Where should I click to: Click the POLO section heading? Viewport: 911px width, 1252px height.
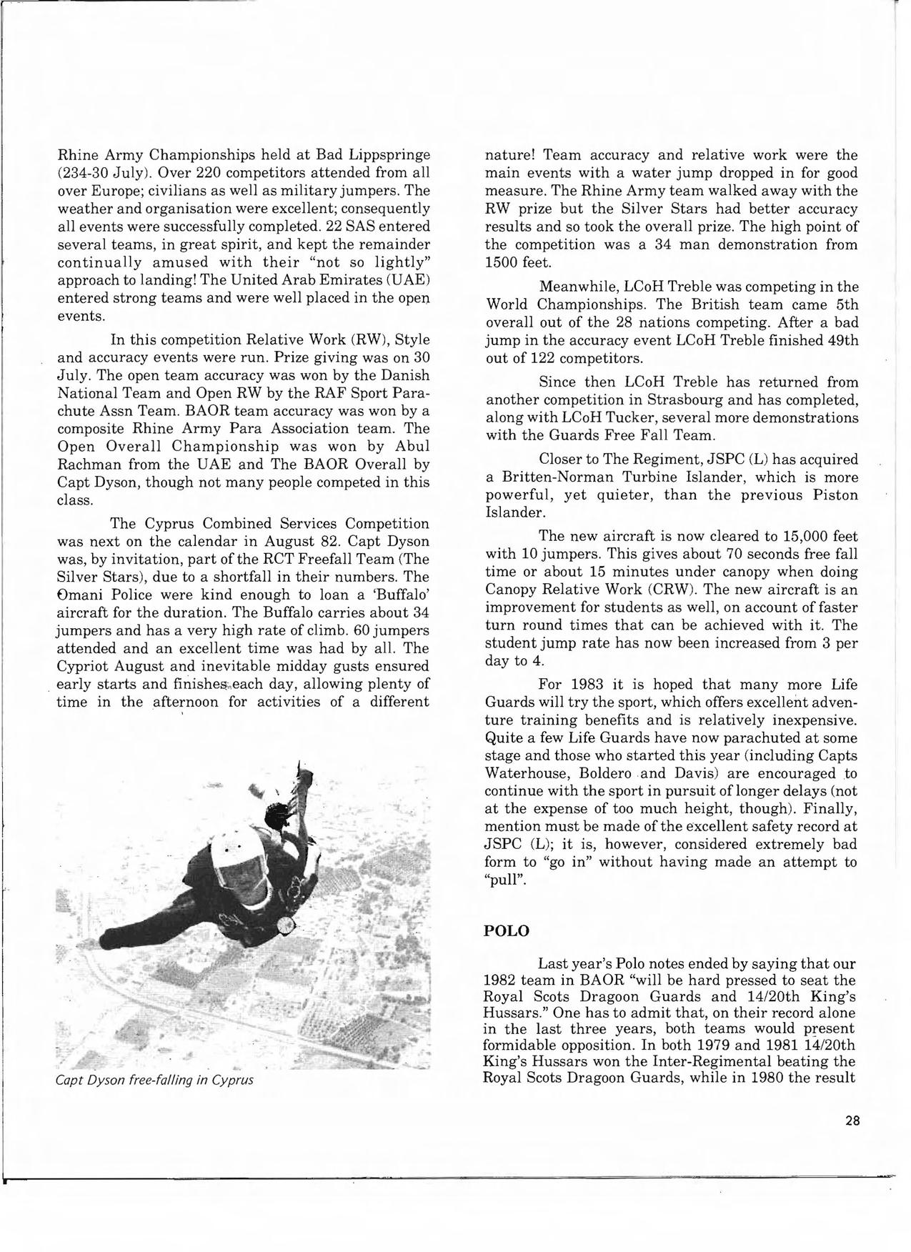point(507,931)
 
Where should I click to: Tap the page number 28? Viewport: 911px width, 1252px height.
point(852,1121)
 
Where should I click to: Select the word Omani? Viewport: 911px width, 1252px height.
point(79,595)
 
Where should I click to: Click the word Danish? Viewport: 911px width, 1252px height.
point(401,375)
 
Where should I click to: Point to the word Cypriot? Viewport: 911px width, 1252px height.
point(86,666)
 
